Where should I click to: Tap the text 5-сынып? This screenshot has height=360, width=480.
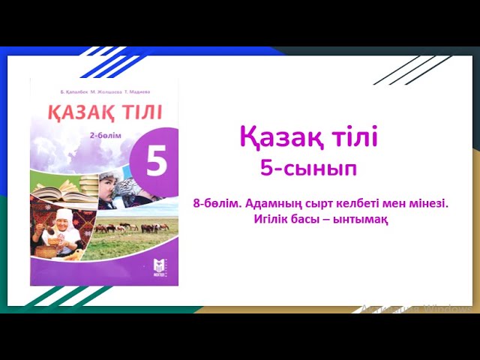coord(308,168)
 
